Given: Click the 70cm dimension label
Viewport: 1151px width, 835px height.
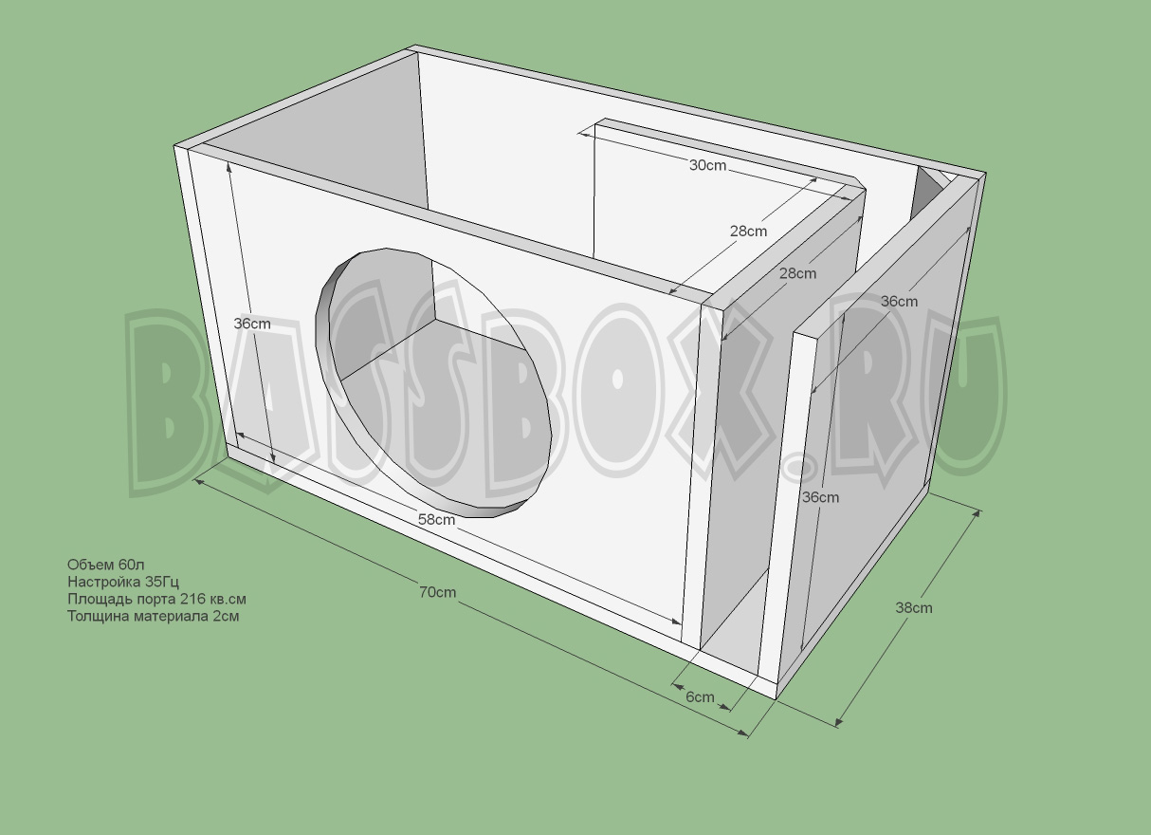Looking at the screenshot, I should (438, 592).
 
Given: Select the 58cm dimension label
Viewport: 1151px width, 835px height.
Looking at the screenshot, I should (437, 519).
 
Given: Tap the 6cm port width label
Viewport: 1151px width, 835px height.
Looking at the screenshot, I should (700, 696).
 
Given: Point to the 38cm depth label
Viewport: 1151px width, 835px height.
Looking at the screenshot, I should (914, 607).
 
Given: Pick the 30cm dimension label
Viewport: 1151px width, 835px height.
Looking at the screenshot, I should (707, 165).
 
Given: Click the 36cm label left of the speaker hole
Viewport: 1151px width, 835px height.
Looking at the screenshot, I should (252, 324).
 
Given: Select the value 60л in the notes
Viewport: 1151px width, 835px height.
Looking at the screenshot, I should (132, 566).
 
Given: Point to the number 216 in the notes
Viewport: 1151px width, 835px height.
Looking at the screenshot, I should (192, 599).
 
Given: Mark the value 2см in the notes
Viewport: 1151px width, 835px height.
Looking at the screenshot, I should (225, 616).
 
